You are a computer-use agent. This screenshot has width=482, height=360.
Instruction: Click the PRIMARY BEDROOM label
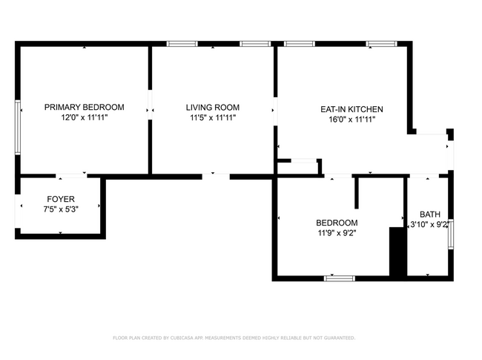pyautogui.click(x=84, y=107)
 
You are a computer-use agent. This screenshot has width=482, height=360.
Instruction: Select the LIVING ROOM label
pyautogui.click(x=212, y=107)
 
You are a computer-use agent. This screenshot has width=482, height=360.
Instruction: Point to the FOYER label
pyautogui.click(x=61, y=199)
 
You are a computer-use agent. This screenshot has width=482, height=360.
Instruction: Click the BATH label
pyautogui.click(x=429, y=215)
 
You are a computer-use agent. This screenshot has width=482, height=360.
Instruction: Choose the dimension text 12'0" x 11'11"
pyautogui.click(x=84, y=117)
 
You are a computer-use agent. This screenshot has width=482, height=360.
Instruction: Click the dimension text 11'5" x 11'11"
pyautogui.click(x=212, y=117)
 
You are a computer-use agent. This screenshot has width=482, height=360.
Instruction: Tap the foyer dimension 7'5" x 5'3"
pyautogui.click(x=61, y=209)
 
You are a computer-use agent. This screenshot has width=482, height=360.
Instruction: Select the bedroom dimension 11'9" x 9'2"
pyautogui.click(x=337, y=232)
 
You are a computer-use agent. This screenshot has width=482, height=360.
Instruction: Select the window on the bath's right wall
pyautogui.click(x=450, y=234)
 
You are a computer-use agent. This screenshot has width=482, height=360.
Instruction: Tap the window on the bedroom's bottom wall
pyautogui.click(x=339, y=278)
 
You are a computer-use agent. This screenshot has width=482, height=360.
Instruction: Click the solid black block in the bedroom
pyautogui.click(x=398, y=252)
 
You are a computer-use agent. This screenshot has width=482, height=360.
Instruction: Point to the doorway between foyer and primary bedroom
pyautogui.click(x=72, y=176)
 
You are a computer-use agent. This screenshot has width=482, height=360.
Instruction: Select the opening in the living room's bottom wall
pyautogui.click(x=216, y=176)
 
